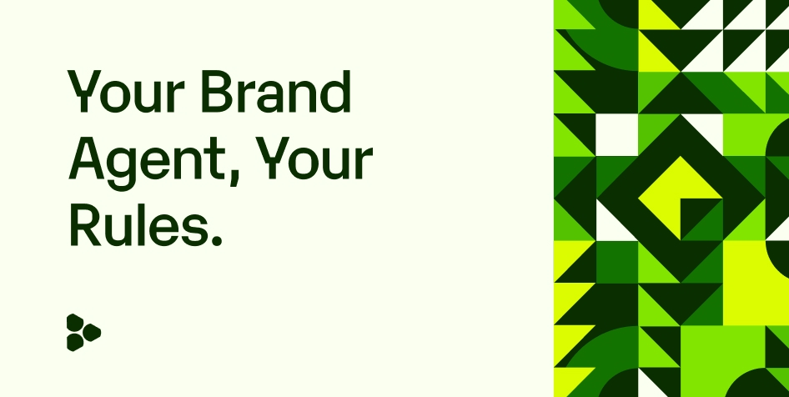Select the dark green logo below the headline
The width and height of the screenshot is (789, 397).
pyautogui.click(x=83, y=332)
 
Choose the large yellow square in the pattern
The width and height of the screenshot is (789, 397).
pyautogui.click(x=754, y=284)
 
